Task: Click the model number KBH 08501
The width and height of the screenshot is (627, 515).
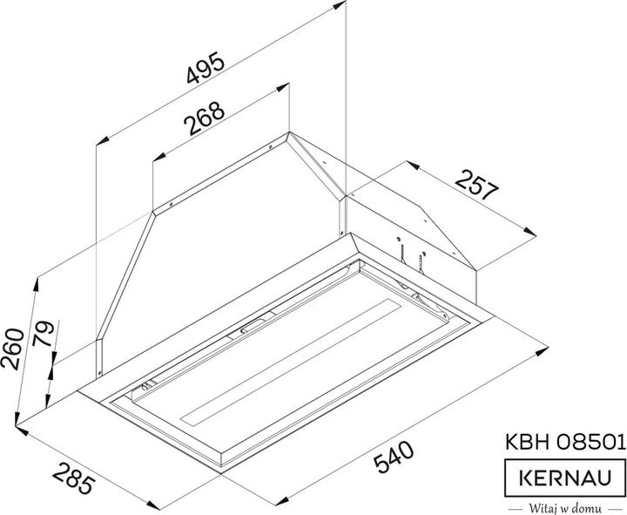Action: (x=565, y=442)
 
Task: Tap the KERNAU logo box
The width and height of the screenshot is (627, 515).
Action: (x=565, y=477)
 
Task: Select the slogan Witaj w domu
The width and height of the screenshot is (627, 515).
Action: (x=565, y=507)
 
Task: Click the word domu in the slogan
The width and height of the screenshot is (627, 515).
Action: (x=589, y=507)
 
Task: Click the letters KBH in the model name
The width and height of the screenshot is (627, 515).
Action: (x=527, y=442)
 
